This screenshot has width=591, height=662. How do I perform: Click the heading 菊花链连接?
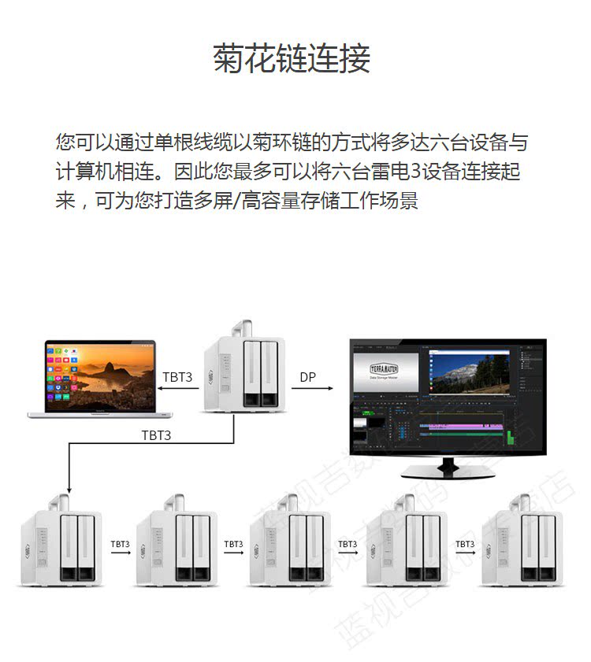point(292,60)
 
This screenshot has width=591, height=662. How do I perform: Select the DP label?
point(308,377)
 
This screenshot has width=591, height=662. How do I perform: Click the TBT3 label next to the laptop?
point(177,377)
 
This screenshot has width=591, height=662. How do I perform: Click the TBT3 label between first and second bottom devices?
point(120,544)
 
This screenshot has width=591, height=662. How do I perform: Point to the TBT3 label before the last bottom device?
point(465,544)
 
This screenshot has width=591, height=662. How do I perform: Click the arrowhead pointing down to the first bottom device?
point(69,487)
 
